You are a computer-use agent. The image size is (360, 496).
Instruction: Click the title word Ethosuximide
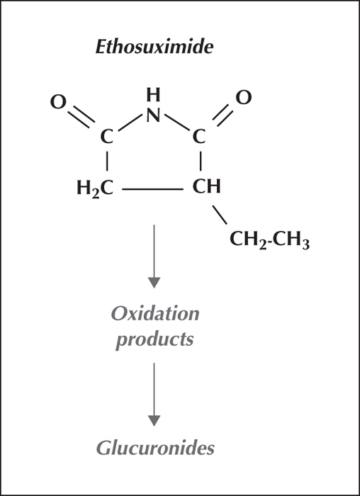(154, 47)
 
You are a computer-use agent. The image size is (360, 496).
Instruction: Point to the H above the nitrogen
(154, 95)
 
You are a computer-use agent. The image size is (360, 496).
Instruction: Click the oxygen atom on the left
(59, 102)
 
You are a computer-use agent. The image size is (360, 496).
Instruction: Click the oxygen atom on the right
(244, 98)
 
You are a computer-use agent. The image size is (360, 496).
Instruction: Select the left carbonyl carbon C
(106, 137)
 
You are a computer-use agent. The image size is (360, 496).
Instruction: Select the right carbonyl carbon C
(199, 137)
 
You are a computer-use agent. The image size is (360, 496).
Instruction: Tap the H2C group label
(95, 188)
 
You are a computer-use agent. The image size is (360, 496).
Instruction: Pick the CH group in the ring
(206, 186)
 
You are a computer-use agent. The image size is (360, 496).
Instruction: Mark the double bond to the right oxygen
(223, 115)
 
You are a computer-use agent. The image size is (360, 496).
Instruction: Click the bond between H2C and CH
(153, 189)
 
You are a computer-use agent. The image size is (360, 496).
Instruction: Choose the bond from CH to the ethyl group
(220, 215)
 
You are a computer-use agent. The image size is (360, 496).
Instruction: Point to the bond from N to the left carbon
(130, 122)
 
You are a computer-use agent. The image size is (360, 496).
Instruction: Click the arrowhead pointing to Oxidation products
(154, 283)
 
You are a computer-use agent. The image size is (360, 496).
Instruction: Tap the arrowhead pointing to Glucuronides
(154, 421)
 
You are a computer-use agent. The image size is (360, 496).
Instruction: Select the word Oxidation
(155, 314)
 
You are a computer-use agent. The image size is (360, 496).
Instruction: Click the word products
(154, 339)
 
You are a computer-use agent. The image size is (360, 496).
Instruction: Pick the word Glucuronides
(155, 448)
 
